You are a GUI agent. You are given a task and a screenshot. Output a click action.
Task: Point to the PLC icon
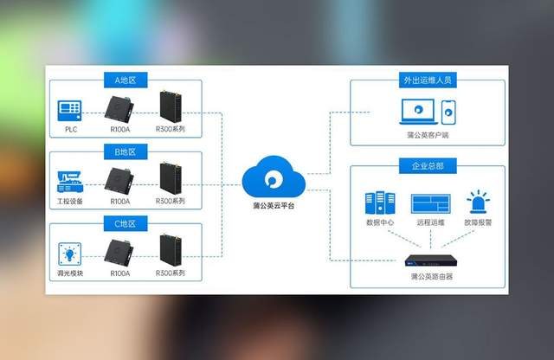[x=71, y=111]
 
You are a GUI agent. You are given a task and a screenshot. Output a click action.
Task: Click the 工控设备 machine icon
[x=71, y=181]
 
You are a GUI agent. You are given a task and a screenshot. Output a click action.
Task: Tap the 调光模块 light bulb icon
[x=71, y=254]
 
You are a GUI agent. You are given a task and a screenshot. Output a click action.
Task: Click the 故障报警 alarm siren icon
[x=477, y=202]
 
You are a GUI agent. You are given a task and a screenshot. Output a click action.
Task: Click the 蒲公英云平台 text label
[x=274, y=206]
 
